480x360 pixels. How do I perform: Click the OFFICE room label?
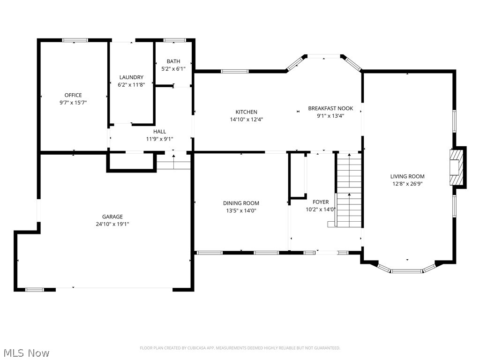pos(73,95)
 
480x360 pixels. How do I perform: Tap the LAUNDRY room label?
pos(131,77)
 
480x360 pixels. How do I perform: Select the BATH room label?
pos(173,61)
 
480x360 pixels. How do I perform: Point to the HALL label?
pos(159,132)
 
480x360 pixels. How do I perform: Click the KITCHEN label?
pos(246,112)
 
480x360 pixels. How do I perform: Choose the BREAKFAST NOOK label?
pos(330,108)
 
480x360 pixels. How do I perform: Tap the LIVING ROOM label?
pos(407,177)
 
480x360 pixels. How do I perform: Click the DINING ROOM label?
pos(241,203)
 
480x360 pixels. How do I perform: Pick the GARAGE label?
pos(112,217)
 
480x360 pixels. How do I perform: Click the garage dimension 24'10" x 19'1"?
pos(112,224)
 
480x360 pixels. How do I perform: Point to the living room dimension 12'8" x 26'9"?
pos(407,184)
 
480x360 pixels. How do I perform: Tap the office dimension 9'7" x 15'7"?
pos(73,102)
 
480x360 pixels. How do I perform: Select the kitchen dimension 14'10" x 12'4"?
pos(246,119)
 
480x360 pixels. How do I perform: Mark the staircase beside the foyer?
pos(349,190)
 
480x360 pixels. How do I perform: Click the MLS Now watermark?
pos(25,352)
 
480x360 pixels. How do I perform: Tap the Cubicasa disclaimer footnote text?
pos(240,348)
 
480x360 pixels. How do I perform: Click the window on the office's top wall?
pos(75,40)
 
